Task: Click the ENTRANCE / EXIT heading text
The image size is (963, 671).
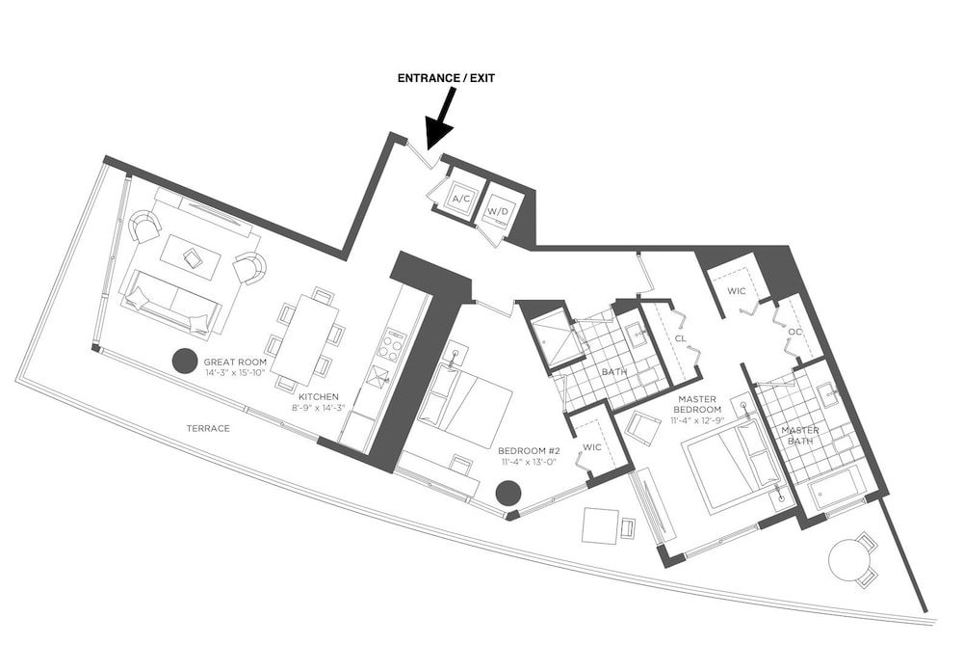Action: (446, 78)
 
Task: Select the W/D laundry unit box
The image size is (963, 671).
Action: (498, 211)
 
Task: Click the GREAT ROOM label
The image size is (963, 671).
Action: (235, 362)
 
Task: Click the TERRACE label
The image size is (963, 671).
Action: (208, 428)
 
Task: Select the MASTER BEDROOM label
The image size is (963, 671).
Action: (697, 404)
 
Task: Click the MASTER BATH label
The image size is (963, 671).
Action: (799, 436)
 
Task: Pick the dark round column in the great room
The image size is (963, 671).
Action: (184, 361)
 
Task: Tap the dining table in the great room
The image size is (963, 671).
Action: (304, 340)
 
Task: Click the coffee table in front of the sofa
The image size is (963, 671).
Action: (191, 257)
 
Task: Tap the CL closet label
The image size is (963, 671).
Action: (681, 338)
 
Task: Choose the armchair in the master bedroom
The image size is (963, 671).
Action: (642, 427)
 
